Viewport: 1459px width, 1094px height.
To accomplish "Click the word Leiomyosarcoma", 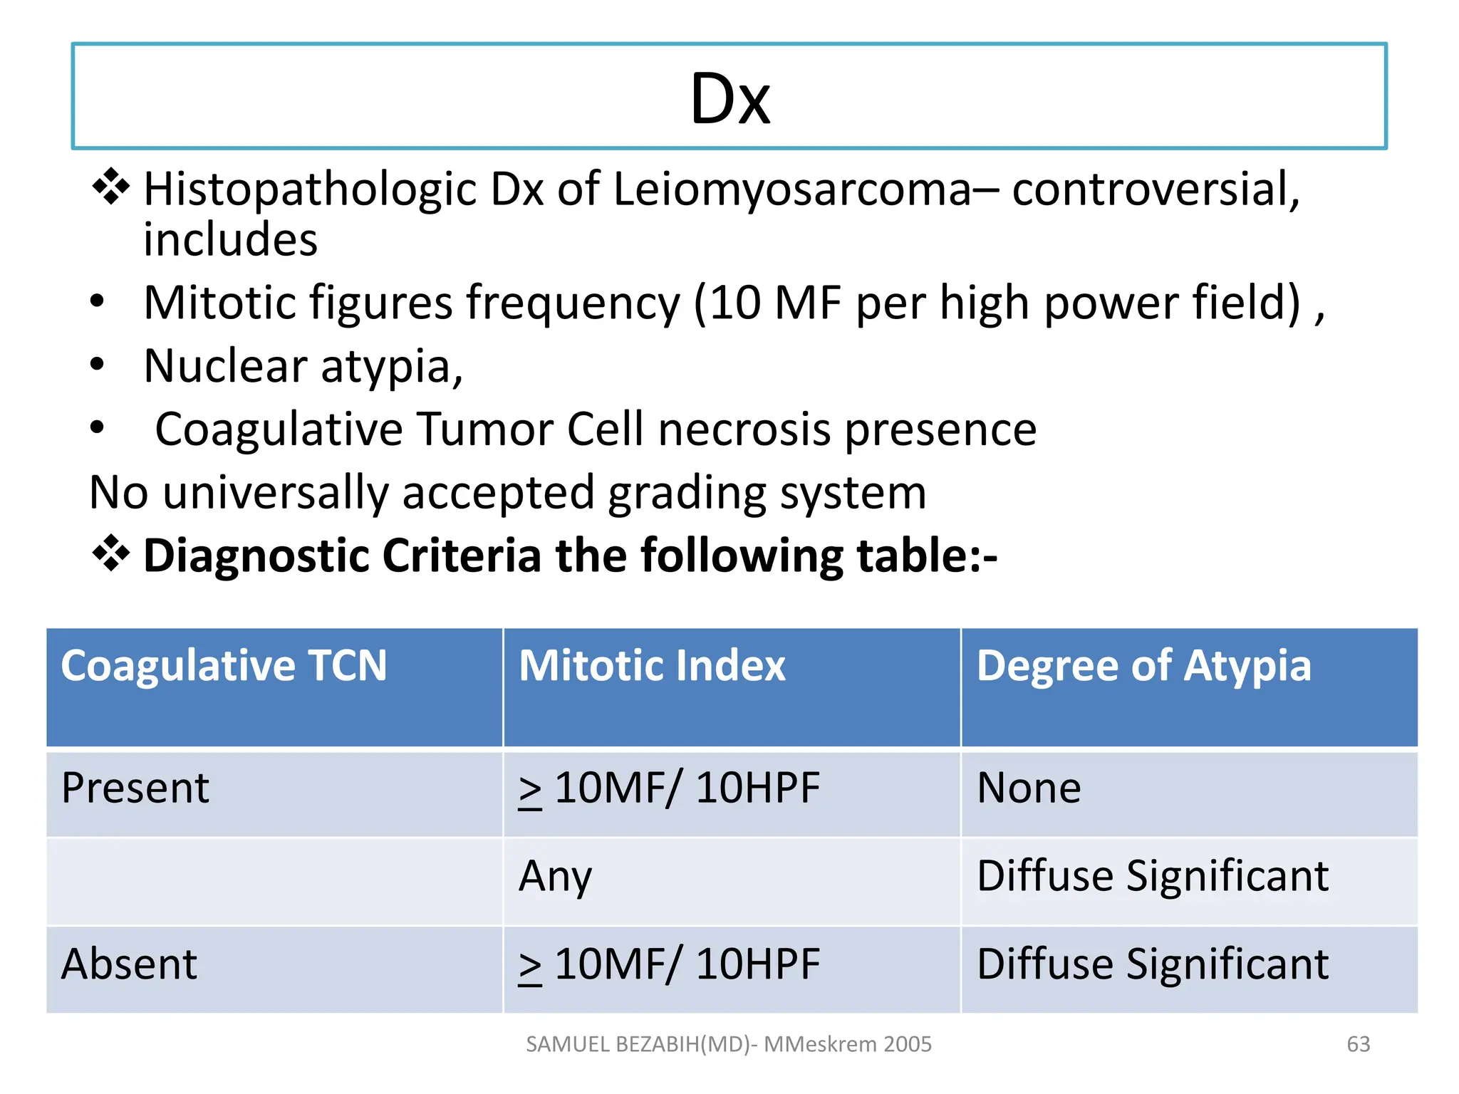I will pyautogui.click(x=791, y=190).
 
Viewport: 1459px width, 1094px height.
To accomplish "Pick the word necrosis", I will pyautogui.click(x=744, y=429).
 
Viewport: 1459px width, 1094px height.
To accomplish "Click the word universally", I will pyautogui.click(x=276, y=493).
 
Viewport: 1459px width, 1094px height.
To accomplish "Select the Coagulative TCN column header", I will pyautogui.click(x=224, y=666).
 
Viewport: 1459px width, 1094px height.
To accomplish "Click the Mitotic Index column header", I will pyautogui.click(x=652, y=666).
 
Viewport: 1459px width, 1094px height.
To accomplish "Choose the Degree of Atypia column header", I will pyautogui.click(x=1143, y=666).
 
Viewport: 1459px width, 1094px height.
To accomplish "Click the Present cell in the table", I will pyautogui.click(x=135, y=788).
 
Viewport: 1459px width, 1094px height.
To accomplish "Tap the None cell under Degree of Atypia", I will pyautogui.click(x=1029, y=788).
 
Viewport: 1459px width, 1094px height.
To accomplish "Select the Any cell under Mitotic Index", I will pyautogui.click(x=555, y=876).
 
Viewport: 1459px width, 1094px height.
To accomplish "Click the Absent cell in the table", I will pyautogui.click(x=129, y=964).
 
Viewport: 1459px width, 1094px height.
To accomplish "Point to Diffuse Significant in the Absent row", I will pyautogui.click(x=1152, y=964).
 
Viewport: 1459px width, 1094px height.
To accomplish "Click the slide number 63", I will pyautogui.click(x=1358, y=1044).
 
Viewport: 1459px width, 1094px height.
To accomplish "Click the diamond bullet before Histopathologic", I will pyautogui.click(x=111, y=187).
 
